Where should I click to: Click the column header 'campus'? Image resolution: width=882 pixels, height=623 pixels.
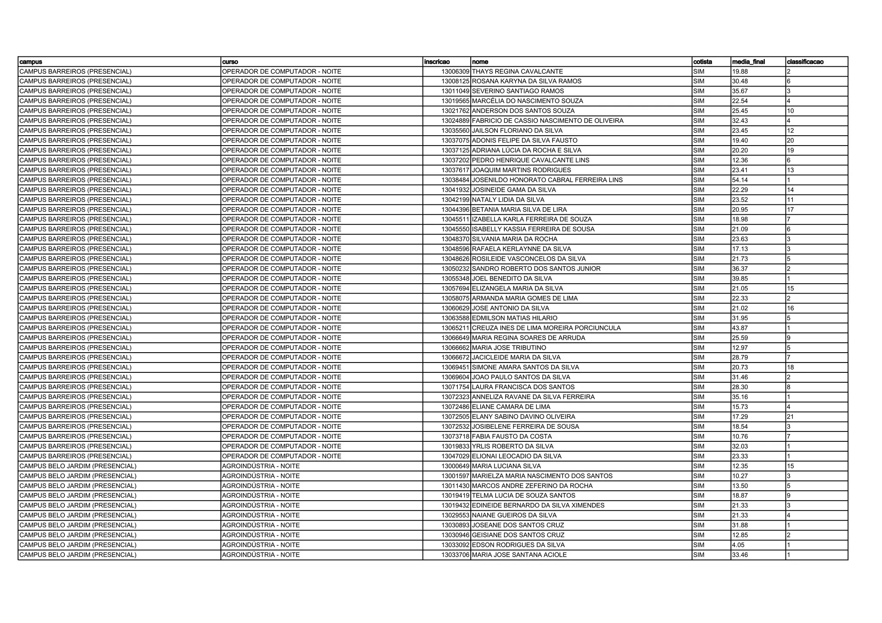tap(31, 62)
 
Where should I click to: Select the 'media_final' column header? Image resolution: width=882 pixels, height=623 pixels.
tap(748, 62)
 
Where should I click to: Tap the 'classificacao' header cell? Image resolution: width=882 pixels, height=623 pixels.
tap(805, 62)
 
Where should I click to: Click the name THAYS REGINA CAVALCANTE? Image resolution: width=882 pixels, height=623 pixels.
tap(517, 71)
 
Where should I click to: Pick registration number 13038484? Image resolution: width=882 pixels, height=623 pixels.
tap(455, 180)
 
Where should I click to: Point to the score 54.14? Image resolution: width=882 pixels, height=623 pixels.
tap(740, 180)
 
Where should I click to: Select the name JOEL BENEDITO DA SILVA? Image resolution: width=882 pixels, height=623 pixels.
tap(512, 279)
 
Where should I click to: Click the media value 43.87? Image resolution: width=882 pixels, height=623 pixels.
tap(740, 328)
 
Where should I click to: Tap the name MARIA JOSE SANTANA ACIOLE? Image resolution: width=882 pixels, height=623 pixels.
tap(519, 555)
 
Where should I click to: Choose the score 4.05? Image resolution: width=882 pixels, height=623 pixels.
tap(738, 545)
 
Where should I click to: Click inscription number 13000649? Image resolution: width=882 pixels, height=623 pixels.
tap(455, 466)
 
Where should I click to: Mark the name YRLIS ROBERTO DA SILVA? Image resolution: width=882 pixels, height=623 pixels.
tap(512, 446)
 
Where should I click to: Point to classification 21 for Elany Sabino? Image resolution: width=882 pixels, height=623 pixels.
tap(790, 417)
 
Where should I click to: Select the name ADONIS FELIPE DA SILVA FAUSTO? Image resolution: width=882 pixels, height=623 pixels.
tap(525, 140)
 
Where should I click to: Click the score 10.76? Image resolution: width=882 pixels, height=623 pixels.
tap(740, 437)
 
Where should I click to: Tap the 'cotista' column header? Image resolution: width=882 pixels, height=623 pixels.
tap(702, 62)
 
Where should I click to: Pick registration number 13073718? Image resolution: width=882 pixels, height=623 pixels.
tap(455, 437)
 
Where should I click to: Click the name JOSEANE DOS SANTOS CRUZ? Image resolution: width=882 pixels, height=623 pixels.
tap(518, 525)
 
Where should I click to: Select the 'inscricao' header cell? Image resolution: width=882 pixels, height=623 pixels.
tap(437, 62)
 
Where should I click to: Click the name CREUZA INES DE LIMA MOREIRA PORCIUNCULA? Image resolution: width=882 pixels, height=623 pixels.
tap(546, 328)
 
